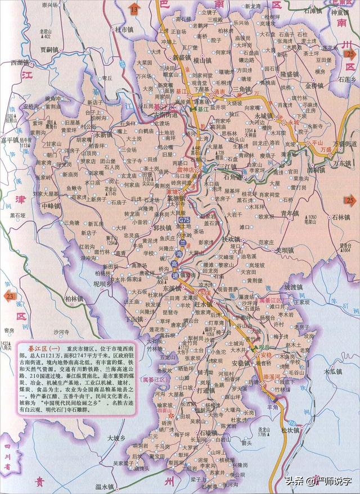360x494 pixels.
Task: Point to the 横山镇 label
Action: (x=200, y=59)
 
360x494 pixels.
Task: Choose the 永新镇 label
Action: (x=105, y=135)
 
